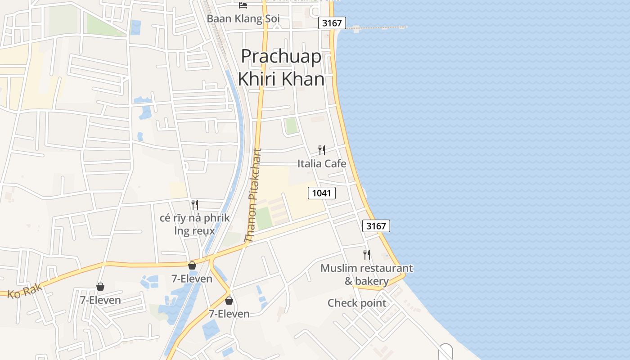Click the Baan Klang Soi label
click(x=243, y=19)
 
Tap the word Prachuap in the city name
click(x=281, y=57)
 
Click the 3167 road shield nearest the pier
click(x=332, y=23)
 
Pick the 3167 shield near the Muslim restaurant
click(x=376, y=226)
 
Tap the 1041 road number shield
click(x=322, y=193)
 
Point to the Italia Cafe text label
click(x=322, y=163)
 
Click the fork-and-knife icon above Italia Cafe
click(x=322, y=150)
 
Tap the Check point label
click(x=357, y=303)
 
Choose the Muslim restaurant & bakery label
click(x=366, y=274)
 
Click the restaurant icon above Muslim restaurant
click(x=367, y=255)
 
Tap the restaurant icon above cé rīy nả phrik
click(x=195, y=205)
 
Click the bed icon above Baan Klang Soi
click(x=243, y=5)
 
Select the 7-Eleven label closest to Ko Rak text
click(x=100, y=300)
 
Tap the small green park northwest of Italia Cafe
click(x=292, y=126)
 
